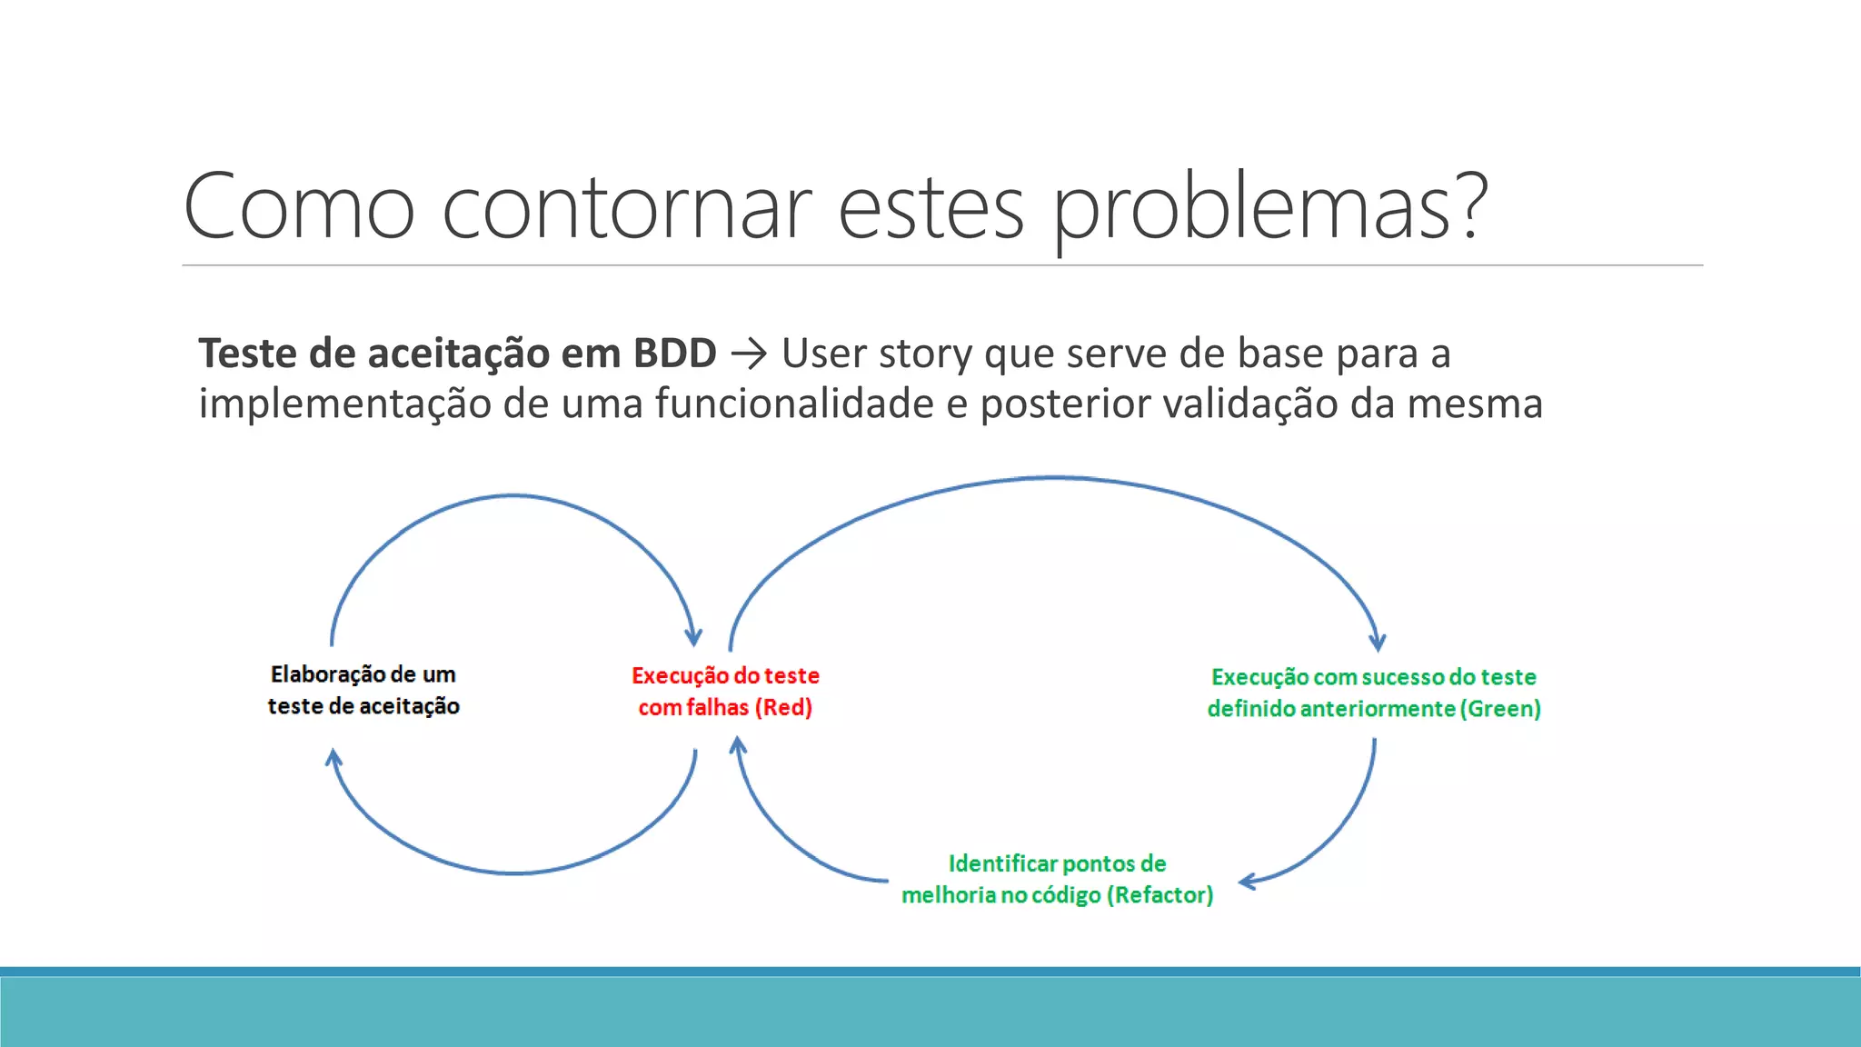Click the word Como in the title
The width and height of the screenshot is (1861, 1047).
(x=299, y=207)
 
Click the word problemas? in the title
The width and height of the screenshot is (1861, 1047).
(x=1269, y=207)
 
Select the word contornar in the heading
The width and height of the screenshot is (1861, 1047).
(x=626, y=207)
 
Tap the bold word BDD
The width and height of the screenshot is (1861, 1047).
(x=674, y=354)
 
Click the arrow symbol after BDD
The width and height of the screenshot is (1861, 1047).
(x=749, y=354)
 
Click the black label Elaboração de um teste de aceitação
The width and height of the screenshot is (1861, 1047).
(x=363, y=690)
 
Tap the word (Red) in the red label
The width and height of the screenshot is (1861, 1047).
(x=783, y=707)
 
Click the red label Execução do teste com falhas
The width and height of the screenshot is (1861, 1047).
(x=725, y=691)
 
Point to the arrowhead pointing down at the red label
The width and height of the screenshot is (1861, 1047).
(x=693, y=637)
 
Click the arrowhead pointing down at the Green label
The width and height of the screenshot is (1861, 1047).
(x=1378, y=642)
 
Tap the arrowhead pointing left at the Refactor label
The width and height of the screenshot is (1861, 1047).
(x=1248, y=881)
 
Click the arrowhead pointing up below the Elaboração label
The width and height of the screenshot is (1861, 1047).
(x=333, y=757)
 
